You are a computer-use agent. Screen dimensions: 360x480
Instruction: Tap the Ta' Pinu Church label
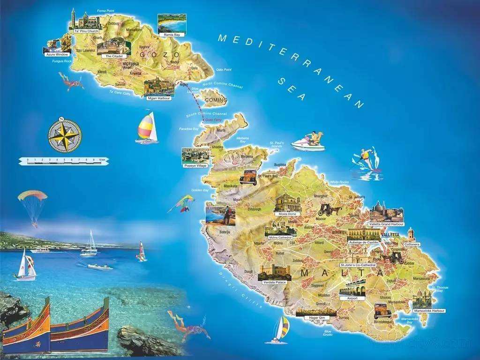pos(87,31)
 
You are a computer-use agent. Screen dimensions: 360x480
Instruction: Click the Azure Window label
pos(57,54)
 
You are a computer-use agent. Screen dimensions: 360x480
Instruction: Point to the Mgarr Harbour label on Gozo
pos(159,98)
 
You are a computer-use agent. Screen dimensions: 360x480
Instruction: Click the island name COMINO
pos(216,100)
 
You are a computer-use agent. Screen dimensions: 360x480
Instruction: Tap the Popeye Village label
pos(195,166)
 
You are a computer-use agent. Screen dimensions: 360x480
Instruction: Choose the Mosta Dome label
pos(288,214)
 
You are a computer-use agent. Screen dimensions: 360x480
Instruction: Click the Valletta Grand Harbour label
pos(386,224)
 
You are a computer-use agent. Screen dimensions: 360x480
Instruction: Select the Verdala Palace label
pos(274,283)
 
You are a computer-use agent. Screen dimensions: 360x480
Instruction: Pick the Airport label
pos(352,298)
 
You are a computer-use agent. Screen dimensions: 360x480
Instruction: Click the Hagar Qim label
pos(316,318)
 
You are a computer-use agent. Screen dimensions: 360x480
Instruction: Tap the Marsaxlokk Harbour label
pos(429,310)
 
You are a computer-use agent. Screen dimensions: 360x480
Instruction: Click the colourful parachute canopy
pos(32,196)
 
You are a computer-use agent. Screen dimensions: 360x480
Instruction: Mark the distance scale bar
pos(64,161)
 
